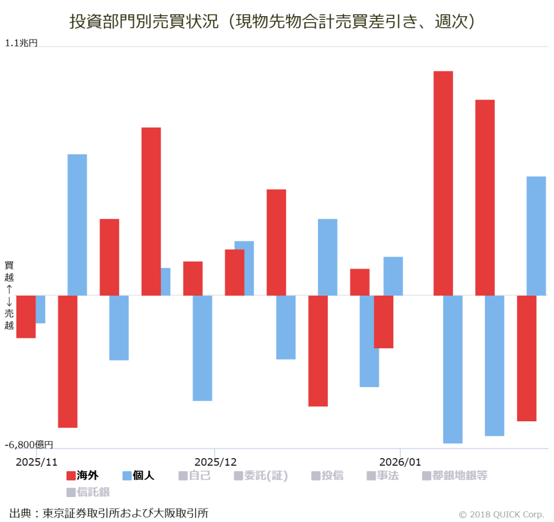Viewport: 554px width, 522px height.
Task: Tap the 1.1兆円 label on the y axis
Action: [x=22, y=43]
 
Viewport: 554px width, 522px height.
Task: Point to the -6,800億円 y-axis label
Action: [x=29, y=445]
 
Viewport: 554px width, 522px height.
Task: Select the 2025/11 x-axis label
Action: [x=36, y=462]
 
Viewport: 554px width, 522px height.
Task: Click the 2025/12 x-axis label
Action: [x=215, y=462]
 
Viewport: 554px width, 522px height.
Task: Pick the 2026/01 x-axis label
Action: [x=400, y=462]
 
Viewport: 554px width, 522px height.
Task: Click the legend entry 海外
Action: [x=82, y=476]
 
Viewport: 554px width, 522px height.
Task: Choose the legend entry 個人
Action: [x=138, y=476]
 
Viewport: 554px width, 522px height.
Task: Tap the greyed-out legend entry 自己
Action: [x=194, y=476]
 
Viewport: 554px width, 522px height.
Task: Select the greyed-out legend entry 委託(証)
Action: [x=261, y=476]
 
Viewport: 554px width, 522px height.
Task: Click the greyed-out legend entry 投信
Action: [x=327, y=476]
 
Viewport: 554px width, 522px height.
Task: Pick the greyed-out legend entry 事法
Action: [x=382, y=476]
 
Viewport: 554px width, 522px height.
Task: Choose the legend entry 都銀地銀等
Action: [x=454, y=476]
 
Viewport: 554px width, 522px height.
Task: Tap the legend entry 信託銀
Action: [x=88, y=492]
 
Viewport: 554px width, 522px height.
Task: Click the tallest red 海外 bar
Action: [x=443, y=183]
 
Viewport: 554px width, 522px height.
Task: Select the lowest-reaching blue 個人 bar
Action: [x=453, y=369]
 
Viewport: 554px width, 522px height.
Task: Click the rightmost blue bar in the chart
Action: [x=536, y=236]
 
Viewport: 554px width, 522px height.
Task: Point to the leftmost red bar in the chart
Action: [x=25, y=316]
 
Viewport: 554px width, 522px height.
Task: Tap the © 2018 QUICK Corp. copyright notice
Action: [x=501, y=514]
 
